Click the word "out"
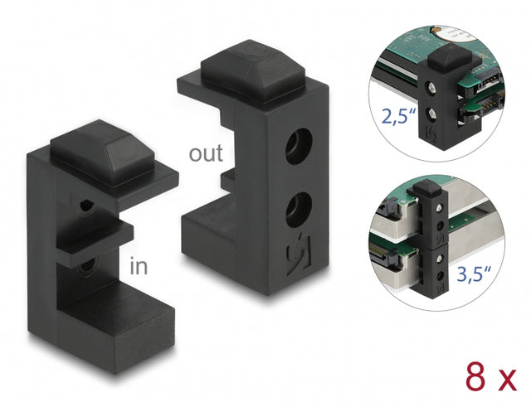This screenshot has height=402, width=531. click(x=206, y=153)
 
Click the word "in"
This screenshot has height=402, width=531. click(x=139, y=265)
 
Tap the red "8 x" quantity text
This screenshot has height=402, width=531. click(x=491, y=376)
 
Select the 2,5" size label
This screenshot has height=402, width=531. click(x=398, y=115)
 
